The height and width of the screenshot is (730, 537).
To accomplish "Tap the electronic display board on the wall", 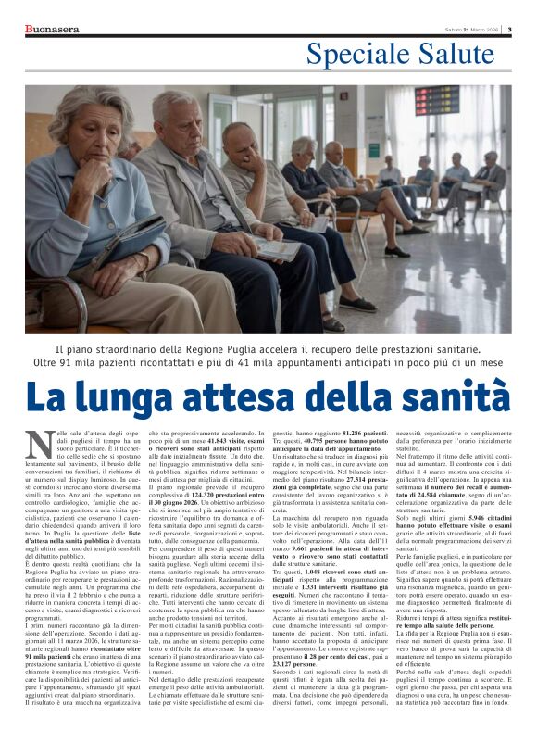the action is (x=437, y=100).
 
